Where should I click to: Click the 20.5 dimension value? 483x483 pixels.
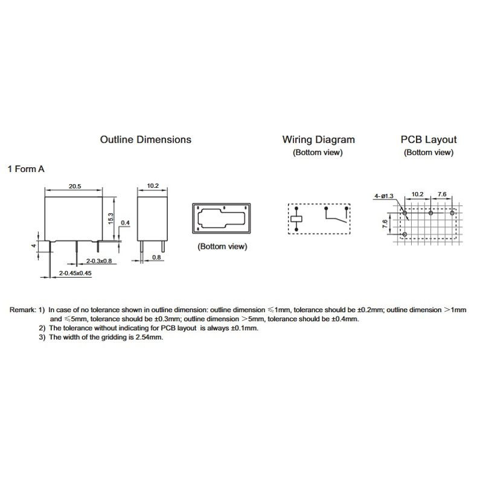75,186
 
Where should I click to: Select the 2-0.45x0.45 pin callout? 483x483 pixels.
75,273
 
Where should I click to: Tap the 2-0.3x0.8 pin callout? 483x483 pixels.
99,261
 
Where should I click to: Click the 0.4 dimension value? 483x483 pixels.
126,223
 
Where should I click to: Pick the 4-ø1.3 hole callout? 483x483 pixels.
383,196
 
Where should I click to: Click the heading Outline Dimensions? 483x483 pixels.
146,139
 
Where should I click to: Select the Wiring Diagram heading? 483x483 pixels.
318,139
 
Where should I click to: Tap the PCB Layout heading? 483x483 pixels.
429,139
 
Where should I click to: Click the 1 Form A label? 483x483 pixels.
26,170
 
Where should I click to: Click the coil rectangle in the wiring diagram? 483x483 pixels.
296,219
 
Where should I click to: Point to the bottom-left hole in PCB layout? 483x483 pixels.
405,233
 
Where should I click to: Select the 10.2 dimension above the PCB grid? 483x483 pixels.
417,194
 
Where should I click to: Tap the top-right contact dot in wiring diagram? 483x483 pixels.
346,209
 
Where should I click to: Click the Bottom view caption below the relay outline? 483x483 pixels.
222,246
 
